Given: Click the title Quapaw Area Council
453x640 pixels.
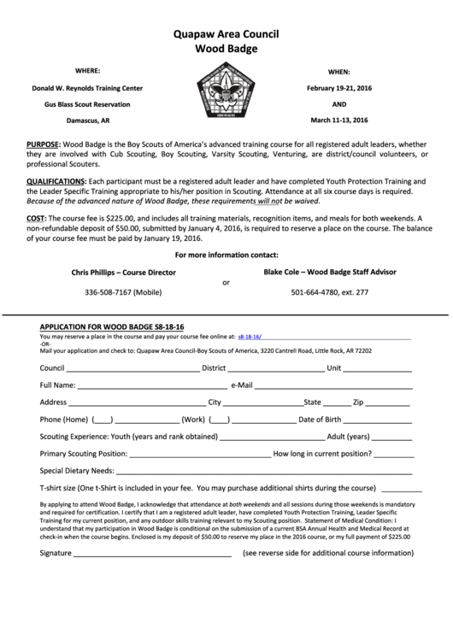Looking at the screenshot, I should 226,34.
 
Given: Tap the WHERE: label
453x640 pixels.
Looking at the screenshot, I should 88,70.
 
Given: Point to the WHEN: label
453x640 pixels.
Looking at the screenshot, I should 339,73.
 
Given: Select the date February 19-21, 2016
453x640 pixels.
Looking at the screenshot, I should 339,88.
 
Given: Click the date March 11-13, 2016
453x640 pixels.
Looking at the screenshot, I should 339,120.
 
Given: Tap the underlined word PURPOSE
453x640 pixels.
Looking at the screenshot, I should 44,145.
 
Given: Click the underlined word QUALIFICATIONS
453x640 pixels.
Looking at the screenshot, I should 56,182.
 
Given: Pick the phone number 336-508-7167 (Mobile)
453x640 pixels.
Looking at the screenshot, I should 123,292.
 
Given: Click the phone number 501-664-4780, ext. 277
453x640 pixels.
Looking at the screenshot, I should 329,292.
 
